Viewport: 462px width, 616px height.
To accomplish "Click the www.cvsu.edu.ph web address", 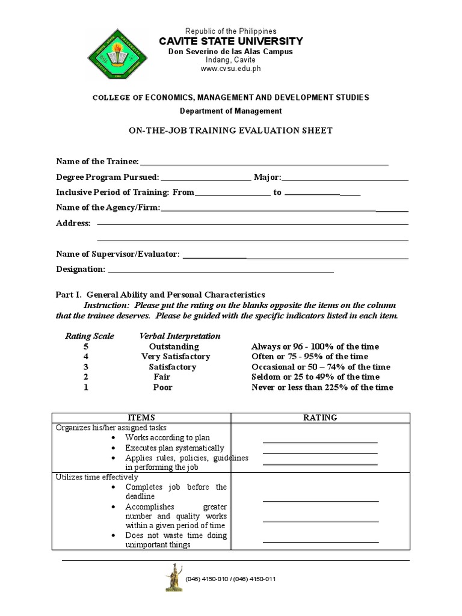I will (x=231, y=69).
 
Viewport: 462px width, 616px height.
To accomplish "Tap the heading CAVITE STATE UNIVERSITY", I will (x=231, y=41).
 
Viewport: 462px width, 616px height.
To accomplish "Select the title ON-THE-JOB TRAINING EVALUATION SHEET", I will (x=231, y=131).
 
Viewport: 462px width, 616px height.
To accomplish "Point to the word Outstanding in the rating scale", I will (x=174, y=346).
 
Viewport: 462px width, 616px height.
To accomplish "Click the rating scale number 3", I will (x=86, y=367).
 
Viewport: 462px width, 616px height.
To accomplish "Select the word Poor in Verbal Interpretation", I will (x=162, y=387).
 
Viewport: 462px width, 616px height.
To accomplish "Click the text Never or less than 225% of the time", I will (x=322, y=387).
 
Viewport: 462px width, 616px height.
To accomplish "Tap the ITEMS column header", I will (x=142, y=417).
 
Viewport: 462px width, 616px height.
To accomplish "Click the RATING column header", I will (x=321, y=417).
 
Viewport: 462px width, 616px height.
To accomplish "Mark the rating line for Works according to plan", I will (x=320, y=442).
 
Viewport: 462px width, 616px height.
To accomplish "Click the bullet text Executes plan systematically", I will (x=174, y=448).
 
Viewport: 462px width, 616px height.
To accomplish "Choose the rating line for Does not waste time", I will (x=321, y=541).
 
